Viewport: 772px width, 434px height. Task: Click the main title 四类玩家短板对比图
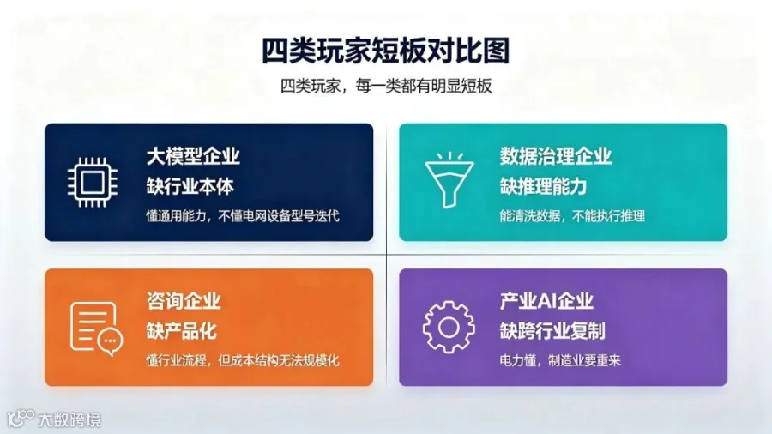click(x=385, y=51)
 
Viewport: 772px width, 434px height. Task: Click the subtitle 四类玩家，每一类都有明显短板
click(x=386, y=86)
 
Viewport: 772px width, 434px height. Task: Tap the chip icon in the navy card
click(x=93, y=183)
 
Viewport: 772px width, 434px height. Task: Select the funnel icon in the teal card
click(x=449, y=180)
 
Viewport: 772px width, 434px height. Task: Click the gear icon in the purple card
click(x=449, y=328)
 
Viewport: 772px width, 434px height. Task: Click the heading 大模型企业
click(x=193, y=156)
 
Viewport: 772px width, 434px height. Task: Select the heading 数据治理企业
click(x=556, y=156)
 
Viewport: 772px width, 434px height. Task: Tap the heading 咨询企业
click(x=184, y=301)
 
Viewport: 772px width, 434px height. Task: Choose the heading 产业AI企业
click(x=546, y=301)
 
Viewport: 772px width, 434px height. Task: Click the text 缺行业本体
click(x=190, y=186)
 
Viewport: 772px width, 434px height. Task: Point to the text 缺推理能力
click(x=544, y=186)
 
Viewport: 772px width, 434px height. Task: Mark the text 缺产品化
click(x=181, y=331)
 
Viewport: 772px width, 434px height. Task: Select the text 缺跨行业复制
click(x=552, y=331)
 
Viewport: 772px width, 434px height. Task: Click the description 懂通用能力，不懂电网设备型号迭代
click(x=243, y=216)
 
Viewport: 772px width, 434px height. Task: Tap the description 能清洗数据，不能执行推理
click(x=572, y=216)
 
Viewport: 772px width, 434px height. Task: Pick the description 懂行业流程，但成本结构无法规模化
click(x=243, y=361)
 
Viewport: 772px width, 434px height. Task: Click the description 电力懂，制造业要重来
click(x=560, y=361)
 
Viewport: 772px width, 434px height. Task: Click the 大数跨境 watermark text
click(x=69, y=419)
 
